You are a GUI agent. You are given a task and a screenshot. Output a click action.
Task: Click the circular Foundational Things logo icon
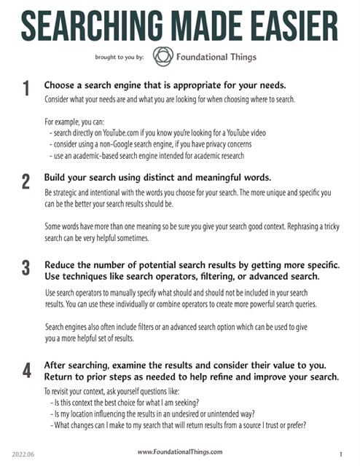click(x=163, y=56)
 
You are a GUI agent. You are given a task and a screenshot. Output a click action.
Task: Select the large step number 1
click(x=26, y=90)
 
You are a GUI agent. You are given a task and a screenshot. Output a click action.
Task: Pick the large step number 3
click(x=26, y=267)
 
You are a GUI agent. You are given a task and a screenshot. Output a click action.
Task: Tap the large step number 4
click(x=26, y=370)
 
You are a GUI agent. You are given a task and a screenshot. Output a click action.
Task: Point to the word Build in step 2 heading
click(x=56, y=178)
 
